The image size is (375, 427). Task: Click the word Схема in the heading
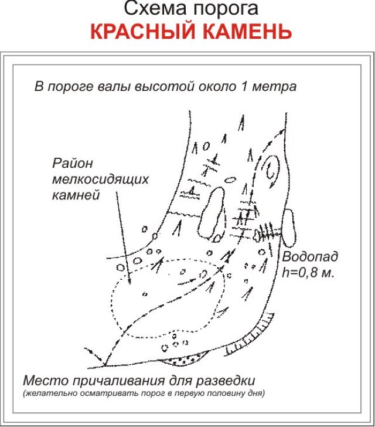pos(156,9)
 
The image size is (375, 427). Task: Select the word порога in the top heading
pos(226,11)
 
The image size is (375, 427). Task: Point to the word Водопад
pos(310,256)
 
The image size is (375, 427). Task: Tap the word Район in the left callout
pos(73,163)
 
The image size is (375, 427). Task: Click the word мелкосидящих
pos(100,179)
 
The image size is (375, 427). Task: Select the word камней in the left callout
pos(76,195)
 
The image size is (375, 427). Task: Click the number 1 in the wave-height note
pos(244,86)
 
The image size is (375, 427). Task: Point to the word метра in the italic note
pos(274,87)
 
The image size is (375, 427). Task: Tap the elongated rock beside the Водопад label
pos(289,228)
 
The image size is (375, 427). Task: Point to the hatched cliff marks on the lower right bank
pos(250,335)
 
